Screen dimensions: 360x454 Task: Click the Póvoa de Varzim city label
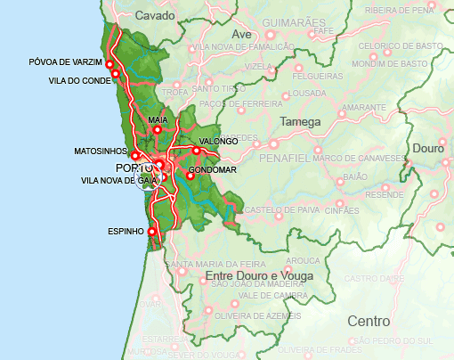point(65,61)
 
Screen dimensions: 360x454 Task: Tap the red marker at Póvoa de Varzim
point(110,64)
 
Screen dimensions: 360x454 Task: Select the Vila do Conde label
point(80,80)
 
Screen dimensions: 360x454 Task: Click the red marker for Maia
point(158,130)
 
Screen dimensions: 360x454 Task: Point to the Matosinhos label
point(100,152)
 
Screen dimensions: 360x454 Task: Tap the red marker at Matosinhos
point(135,155)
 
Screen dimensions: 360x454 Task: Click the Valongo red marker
point(197,151)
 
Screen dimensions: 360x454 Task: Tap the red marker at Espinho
point(151,232)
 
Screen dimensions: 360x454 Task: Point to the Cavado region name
point(157,15)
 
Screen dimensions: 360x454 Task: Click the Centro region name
point(369,320)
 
